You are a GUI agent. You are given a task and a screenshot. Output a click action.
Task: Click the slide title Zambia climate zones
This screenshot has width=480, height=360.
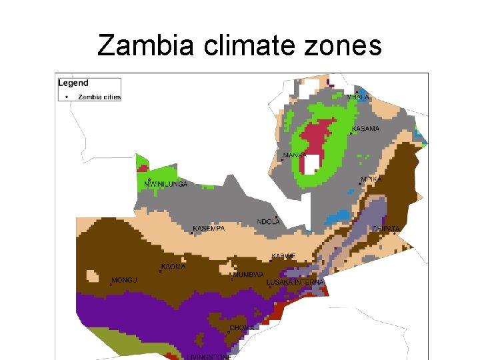click(x=239, y=46)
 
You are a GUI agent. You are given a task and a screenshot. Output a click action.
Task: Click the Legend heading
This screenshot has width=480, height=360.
click(x=73, y=83)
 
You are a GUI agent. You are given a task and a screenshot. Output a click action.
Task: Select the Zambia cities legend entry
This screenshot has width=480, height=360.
click(x=99, y=97)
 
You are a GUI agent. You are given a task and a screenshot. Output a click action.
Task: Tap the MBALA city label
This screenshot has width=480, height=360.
click(x=358, y=97)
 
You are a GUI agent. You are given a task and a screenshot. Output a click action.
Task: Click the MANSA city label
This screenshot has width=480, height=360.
click(x=295, y=155)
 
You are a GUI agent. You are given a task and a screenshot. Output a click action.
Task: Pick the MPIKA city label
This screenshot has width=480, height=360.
click(x=371, y=179)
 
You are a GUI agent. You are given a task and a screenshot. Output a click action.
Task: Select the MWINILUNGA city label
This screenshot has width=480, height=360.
click(x=166, y=184)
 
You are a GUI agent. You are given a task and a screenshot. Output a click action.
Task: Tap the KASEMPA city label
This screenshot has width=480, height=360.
click(x=209, y=228)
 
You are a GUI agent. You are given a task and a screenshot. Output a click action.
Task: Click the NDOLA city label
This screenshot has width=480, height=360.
click(x=269, y=222)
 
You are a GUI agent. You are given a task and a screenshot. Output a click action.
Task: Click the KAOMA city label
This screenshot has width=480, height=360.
click(x=173, y=267)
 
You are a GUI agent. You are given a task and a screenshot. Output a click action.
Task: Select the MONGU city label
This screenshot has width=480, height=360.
click(x=124, y=280)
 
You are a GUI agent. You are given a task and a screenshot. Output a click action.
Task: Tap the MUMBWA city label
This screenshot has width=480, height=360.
click(x=248, y=275)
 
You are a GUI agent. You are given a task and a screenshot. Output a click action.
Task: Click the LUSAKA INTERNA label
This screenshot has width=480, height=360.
click(x=295, y=283)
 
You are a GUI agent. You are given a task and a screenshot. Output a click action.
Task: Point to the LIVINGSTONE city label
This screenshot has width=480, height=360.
click(x=209, y=357)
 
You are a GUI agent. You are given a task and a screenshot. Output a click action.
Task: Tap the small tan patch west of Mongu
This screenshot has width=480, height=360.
click(x=94, y=275)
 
